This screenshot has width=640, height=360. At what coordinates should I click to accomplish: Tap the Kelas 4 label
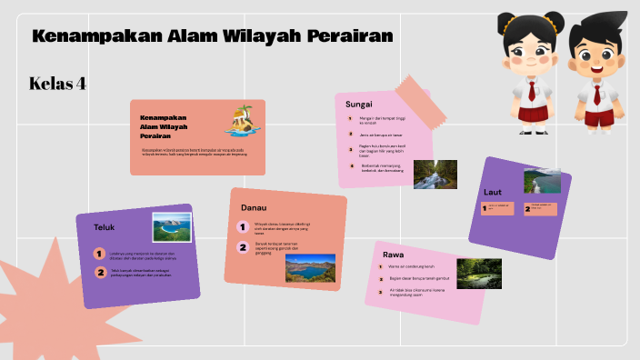[57, 84]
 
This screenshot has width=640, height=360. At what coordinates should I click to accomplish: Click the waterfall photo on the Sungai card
[435, 174]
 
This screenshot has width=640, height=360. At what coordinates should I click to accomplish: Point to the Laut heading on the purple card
[493, 192]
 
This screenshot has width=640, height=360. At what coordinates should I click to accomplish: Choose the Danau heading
[254, 208]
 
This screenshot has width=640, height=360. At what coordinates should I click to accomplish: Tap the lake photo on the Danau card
[309, 266]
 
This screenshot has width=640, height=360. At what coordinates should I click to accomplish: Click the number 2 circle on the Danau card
[243, 247]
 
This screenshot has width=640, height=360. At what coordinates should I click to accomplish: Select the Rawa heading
[394, 255]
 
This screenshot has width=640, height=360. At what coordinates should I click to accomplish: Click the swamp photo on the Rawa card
[478, 273]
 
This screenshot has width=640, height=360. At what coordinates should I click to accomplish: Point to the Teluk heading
[104, 226]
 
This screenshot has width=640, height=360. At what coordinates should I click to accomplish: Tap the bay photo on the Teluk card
[170, 227]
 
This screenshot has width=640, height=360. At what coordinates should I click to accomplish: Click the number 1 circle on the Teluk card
[98, 255]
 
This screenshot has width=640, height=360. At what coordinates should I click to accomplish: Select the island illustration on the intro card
[242, 117]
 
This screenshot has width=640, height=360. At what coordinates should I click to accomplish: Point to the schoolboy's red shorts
[598, 117]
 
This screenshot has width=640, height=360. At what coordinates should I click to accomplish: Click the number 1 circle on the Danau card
[243, 226]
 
